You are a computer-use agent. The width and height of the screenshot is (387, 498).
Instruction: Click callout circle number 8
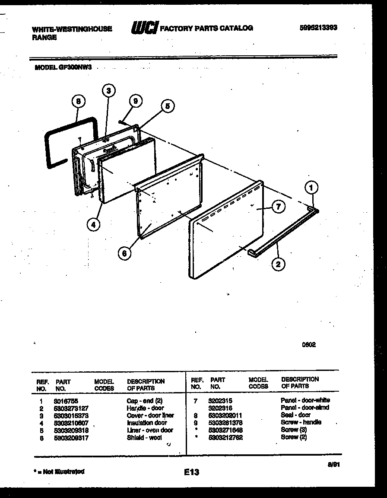point(78,102)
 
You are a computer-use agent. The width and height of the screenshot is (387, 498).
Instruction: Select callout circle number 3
point(109,90)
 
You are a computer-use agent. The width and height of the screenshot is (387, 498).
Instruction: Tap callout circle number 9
point(136,101)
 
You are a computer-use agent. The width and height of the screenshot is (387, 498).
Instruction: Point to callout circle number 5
point(168,105)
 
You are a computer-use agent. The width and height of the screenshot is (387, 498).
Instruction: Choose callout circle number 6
point(124,254)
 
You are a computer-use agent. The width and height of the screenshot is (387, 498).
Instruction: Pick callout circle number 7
point(278,207)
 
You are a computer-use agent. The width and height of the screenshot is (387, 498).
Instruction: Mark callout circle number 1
point(311,188)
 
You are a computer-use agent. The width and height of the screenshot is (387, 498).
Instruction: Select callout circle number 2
point(278,264)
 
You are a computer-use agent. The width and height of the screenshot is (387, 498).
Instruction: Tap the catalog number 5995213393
point(318,28)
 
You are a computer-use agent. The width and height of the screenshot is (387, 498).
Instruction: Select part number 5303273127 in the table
point(72,408)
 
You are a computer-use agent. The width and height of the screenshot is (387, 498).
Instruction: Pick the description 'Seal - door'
point(295,415)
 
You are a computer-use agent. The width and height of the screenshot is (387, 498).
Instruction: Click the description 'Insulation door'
point(147,423)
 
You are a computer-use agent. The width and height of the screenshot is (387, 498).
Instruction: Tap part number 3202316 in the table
point(220,408)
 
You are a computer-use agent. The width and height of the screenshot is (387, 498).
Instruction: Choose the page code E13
point(191,472)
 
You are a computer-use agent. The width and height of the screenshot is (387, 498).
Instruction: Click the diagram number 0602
point(308,345)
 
